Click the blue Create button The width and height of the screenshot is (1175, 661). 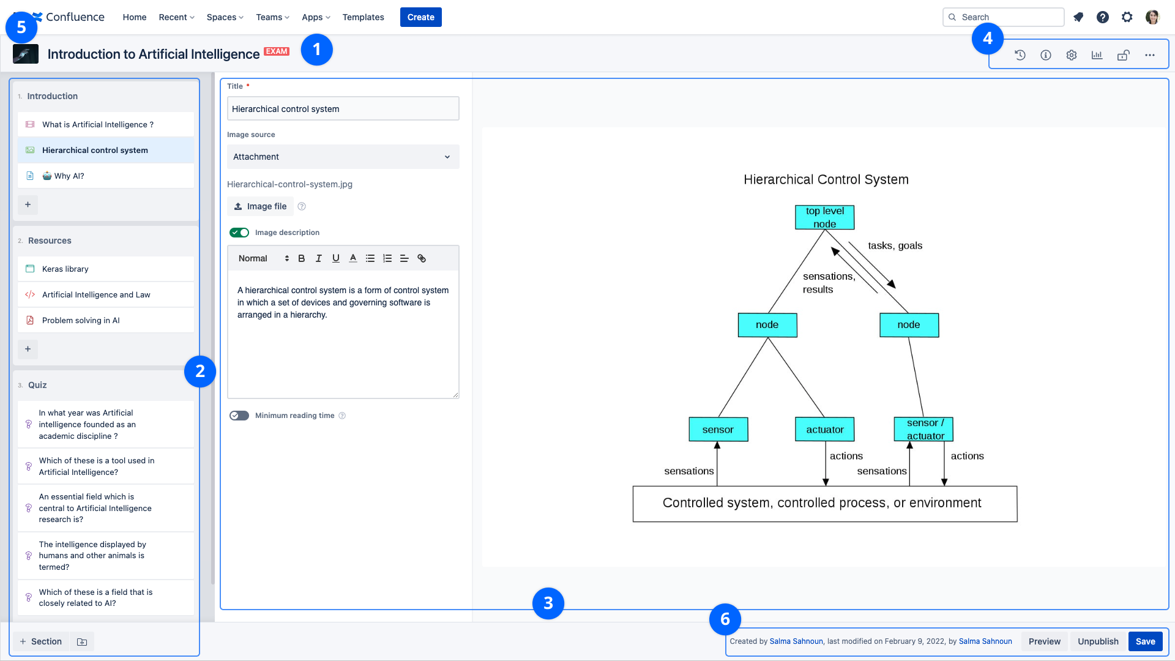click(420, 17)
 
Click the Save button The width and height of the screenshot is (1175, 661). click(1145, 641)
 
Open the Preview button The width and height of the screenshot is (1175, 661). click(1044, 641)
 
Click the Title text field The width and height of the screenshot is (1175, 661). click(343, 109)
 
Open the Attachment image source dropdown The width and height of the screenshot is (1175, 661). click(343, 157)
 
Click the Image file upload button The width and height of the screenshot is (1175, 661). click(260, 206)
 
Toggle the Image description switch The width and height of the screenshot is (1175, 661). click(239, 233)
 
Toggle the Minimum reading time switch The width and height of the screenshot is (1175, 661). click(239, 416)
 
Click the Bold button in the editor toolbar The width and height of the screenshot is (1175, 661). click(301, 258)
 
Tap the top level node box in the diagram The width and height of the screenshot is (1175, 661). click(824, 217)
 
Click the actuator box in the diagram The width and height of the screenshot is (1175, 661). click(824, 430)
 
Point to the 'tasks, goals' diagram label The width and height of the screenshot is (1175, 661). click(895, 245)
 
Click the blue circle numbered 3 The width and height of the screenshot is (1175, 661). click(548, 603)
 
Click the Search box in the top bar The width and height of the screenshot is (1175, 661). click(1003, 17)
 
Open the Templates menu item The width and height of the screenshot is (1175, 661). click(363, 17)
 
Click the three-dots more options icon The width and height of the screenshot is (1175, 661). click(1150, 55)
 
